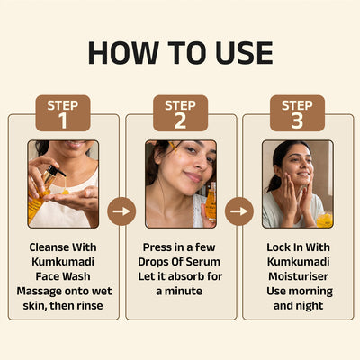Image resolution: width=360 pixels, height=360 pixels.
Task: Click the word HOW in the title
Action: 123,53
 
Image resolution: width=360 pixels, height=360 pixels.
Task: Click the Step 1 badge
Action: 63,113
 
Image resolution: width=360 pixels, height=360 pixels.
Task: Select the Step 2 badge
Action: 180,113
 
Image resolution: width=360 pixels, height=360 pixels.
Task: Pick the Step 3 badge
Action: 297,113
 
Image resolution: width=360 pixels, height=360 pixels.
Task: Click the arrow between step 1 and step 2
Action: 121,211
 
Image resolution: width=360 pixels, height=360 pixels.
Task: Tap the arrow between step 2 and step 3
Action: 239,211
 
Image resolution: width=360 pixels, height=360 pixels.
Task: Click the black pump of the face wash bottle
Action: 55,171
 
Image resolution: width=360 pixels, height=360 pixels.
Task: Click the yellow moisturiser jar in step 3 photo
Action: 325,220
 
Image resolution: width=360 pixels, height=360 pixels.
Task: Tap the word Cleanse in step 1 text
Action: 49,247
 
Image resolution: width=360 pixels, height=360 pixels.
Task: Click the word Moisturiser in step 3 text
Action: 298,276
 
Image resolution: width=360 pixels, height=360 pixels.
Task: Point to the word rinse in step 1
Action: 90,305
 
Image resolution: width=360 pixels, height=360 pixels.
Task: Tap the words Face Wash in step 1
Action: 63,276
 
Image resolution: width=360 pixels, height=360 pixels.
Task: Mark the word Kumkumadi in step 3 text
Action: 298,262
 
